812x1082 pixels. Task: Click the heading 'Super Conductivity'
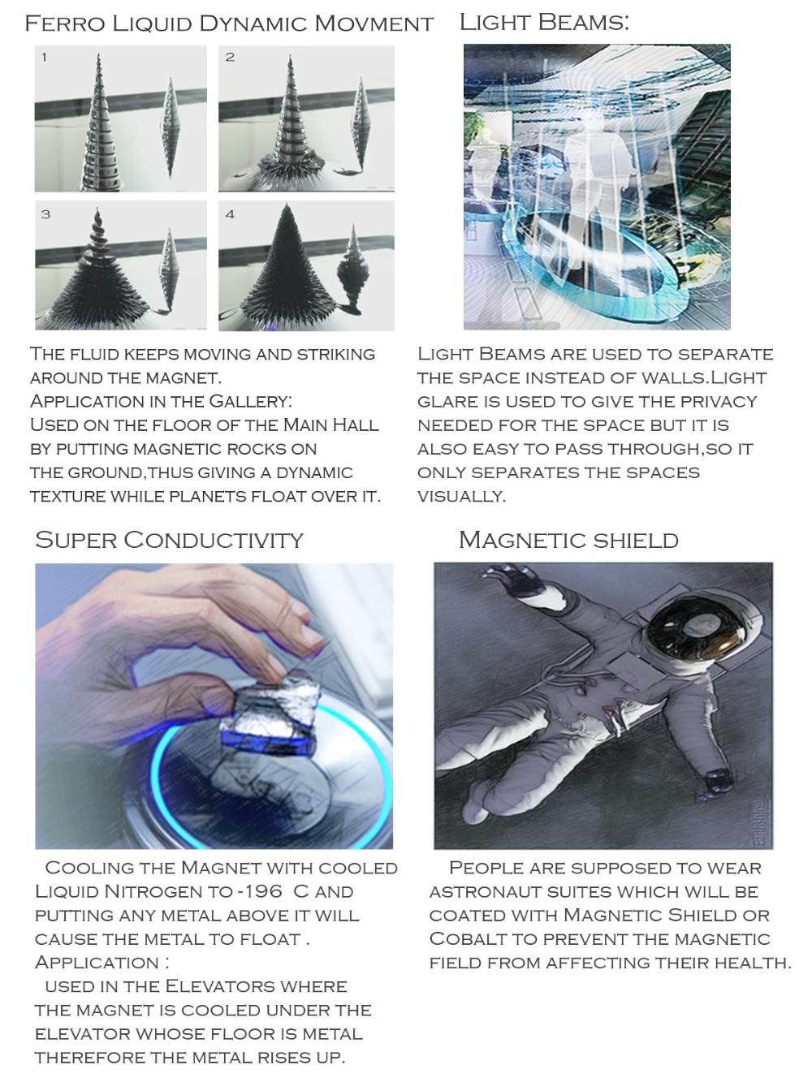tap(169, 541)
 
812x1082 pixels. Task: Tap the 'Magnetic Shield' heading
tap(568, 541)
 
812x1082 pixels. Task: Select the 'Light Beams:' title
tap(544, 23)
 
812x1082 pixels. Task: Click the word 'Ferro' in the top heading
tap(65, 24)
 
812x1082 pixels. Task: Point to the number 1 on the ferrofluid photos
tap(45, 57)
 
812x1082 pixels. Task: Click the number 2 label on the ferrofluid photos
tap(230, 57)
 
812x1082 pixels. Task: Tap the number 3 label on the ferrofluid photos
tap(45, 214)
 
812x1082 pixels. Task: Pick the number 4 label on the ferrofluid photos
tap(230, 214)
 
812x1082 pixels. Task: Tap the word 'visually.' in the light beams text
tap(461, 497)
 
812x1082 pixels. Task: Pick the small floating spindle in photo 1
tap(170, 127)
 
